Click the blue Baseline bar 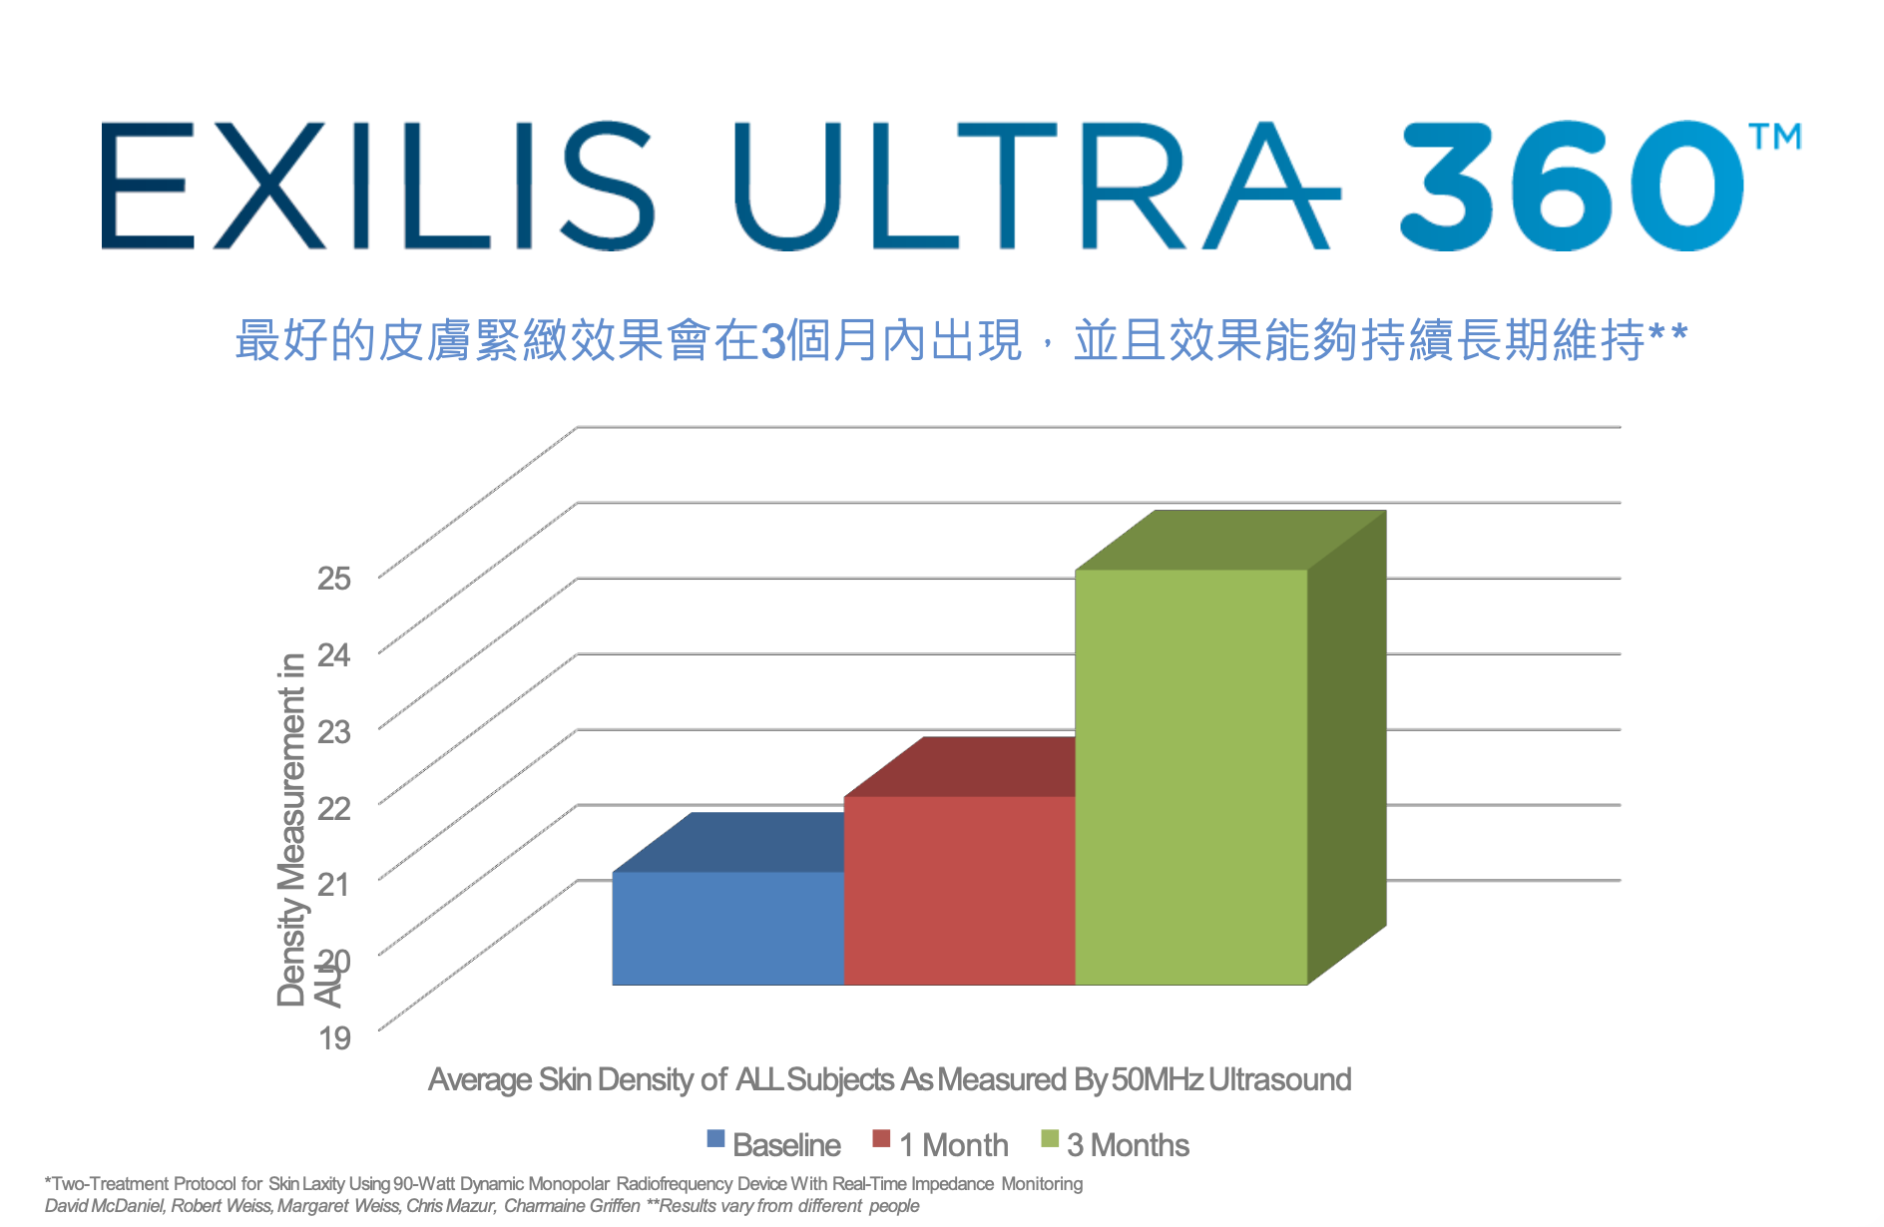click(727, 928)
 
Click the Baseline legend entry click(774, 1144)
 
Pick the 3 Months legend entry click(1115, 1144)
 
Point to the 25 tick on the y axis click(334, 578)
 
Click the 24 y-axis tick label click(334, 654)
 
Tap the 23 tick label click(334, 731)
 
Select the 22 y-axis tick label click(334, 807)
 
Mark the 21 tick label click(334, 884)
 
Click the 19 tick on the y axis click(334, 1037)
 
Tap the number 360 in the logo click(1572, 186)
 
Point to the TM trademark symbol click(1775, 136)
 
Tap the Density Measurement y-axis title click(290, 828)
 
